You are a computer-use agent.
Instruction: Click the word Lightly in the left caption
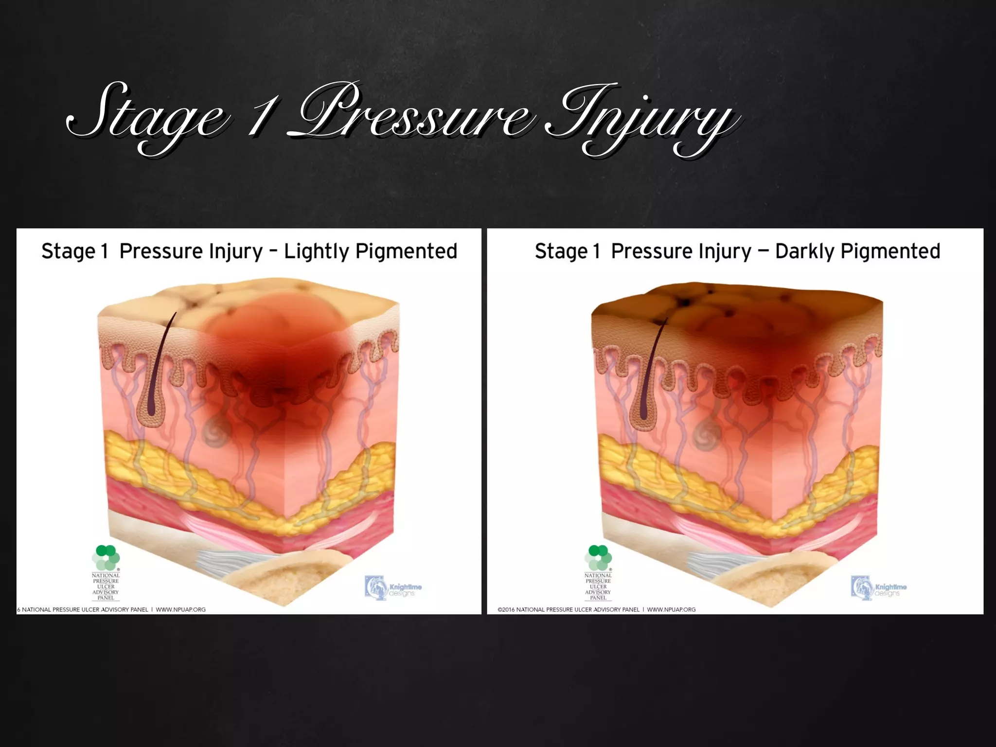tap(316, 251)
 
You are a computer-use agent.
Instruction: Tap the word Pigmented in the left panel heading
tap(406, 251)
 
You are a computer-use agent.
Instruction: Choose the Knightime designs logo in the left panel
tap(393, 587)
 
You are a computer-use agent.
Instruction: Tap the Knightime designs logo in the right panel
tap(879, 588)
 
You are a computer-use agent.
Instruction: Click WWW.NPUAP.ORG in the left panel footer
tap(180, 609)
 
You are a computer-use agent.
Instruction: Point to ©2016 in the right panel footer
tap(506, 609)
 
